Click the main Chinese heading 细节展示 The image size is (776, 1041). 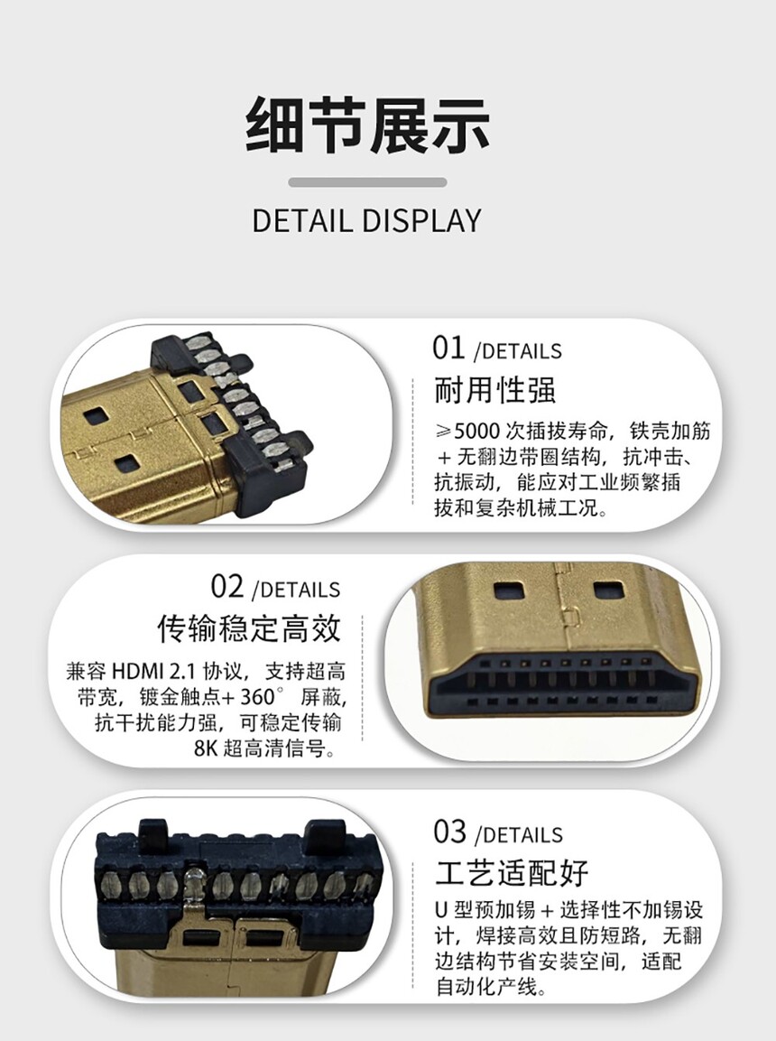pos(367,125)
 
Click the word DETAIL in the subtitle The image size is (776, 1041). pos(302,220)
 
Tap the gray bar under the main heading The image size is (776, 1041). pos(367,182)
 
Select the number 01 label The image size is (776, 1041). pos(448,348)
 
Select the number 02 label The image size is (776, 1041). pos(226,587)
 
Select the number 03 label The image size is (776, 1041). pos(449,832)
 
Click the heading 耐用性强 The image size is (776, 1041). pos(494,390)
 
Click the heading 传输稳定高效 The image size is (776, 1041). pos(249,628)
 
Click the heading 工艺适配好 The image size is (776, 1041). pos(512,873)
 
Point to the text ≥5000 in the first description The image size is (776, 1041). pos(467,432)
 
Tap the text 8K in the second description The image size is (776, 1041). pos(206,748)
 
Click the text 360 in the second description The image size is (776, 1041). pos(257,697)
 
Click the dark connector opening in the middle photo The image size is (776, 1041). pos(565,683)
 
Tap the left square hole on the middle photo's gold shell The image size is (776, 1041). pos(510,590)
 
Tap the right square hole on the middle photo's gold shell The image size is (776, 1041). pos(609,590)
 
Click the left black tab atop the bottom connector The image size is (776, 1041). pos(152,834)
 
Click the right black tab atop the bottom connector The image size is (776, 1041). pos(324,834)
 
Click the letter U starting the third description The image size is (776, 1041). pos(441,910)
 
